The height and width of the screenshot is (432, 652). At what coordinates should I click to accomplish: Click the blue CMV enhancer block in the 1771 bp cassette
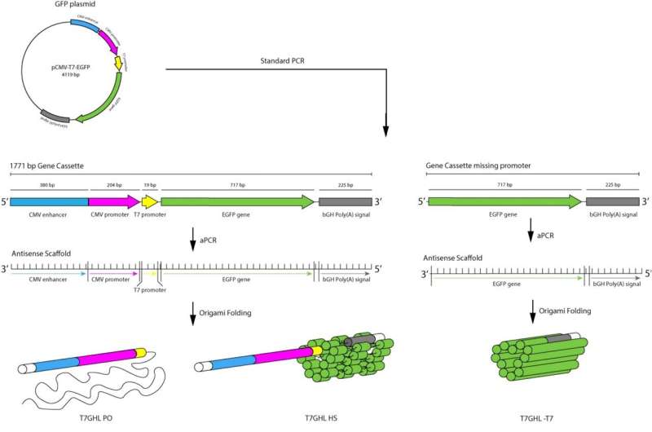click(x=49, y=201)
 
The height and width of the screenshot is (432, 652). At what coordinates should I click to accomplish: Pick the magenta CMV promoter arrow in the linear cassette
click(x=113, y=201)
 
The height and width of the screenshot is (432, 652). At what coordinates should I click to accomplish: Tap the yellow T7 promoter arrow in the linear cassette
click(x=150, y=201)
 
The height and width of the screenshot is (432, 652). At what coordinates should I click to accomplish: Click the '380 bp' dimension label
click(x=48, y=186)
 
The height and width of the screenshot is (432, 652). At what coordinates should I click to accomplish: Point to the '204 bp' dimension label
click(x=113, y=186)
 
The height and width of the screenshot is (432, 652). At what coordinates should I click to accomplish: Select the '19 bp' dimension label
click(x=150, y=186)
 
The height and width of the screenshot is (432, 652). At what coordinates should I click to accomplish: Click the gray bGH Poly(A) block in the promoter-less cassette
click(x=613, y=201)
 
